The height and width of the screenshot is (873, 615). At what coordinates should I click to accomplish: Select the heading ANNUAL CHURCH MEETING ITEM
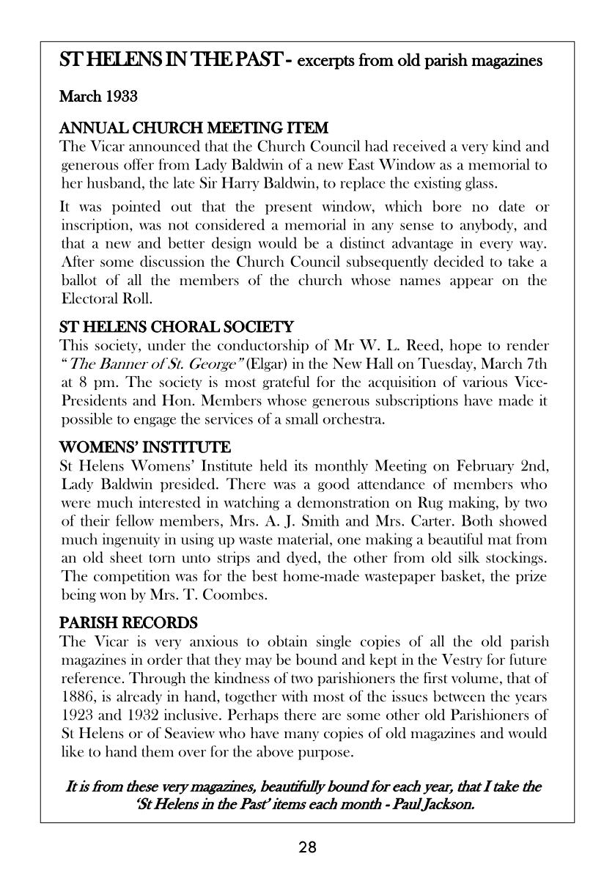[x=194, y=128]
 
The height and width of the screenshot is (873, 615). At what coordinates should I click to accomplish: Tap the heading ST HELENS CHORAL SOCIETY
[x=176, y=327]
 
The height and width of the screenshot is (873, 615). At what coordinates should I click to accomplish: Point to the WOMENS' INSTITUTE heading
[x=144, y=447]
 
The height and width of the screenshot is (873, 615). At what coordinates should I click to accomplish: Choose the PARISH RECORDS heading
[x=128, y=623]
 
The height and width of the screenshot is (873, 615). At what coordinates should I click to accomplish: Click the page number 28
[x=307, y=848]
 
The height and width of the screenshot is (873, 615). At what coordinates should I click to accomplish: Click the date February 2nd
[x=498, y=466]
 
